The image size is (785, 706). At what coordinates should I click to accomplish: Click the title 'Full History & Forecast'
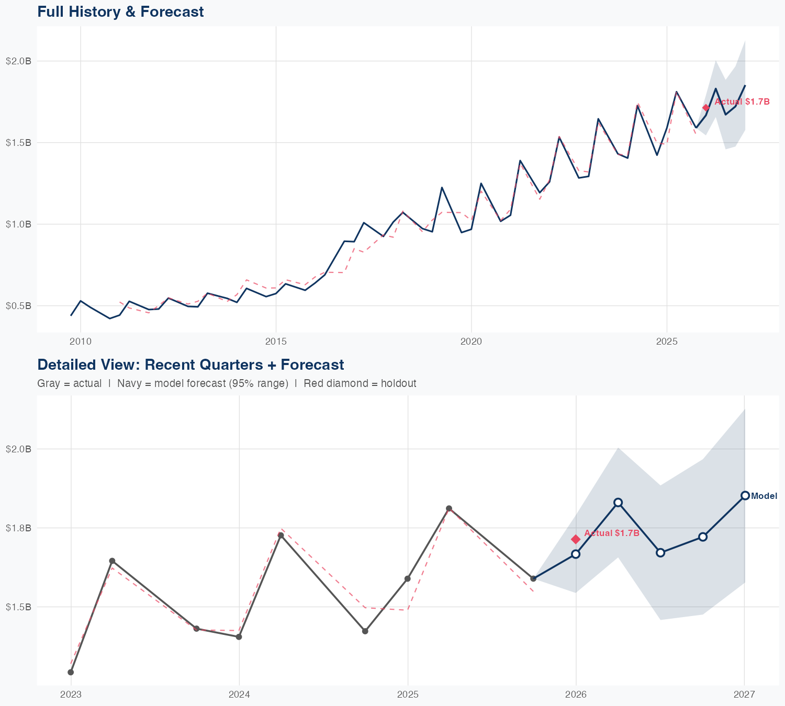point(120,12)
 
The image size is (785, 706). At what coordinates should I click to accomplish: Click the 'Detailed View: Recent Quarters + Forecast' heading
point(190,365)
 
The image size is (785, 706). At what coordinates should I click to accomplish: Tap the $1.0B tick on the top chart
point(18,224)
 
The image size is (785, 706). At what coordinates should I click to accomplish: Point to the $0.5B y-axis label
point(18,306)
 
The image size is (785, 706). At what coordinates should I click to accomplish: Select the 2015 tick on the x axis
point(276,341)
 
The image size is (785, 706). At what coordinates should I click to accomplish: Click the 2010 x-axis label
point(80,341)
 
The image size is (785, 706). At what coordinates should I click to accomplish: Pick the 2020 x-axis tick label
point(471,341)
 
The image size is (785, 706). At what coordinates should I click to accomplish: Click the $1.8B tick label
point(18,528)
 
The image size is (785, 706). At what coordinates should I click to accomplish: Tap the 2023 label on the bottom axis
point(71,694)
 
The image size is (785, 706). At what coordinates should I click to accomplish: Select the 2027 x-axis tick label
point(744,694)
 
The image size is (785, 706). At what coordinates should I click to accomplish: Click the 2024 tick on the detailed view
point(239,694)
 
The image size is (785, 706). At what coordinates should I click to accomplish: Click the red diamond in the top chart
point(706,108)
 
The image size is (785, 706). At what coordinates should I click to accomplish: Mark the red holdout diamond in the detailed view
point(576,539)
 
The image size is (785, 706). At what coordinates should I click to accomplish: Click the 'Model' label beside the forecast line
point(764,496)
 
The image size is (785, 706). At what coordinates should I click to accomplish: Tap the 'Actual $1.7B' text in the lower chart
point(612,533)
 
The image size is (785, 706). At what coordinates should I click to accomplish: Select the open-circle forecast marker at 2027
point(745,496)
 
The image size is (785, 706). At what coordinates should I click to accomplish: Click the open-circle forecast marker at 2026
point(576,554)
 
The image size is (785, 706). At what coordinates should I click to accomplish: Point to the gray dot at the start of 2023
point(71,672)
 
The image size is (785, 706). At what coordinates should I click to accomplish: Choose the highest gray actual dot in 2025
point(449,508)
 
